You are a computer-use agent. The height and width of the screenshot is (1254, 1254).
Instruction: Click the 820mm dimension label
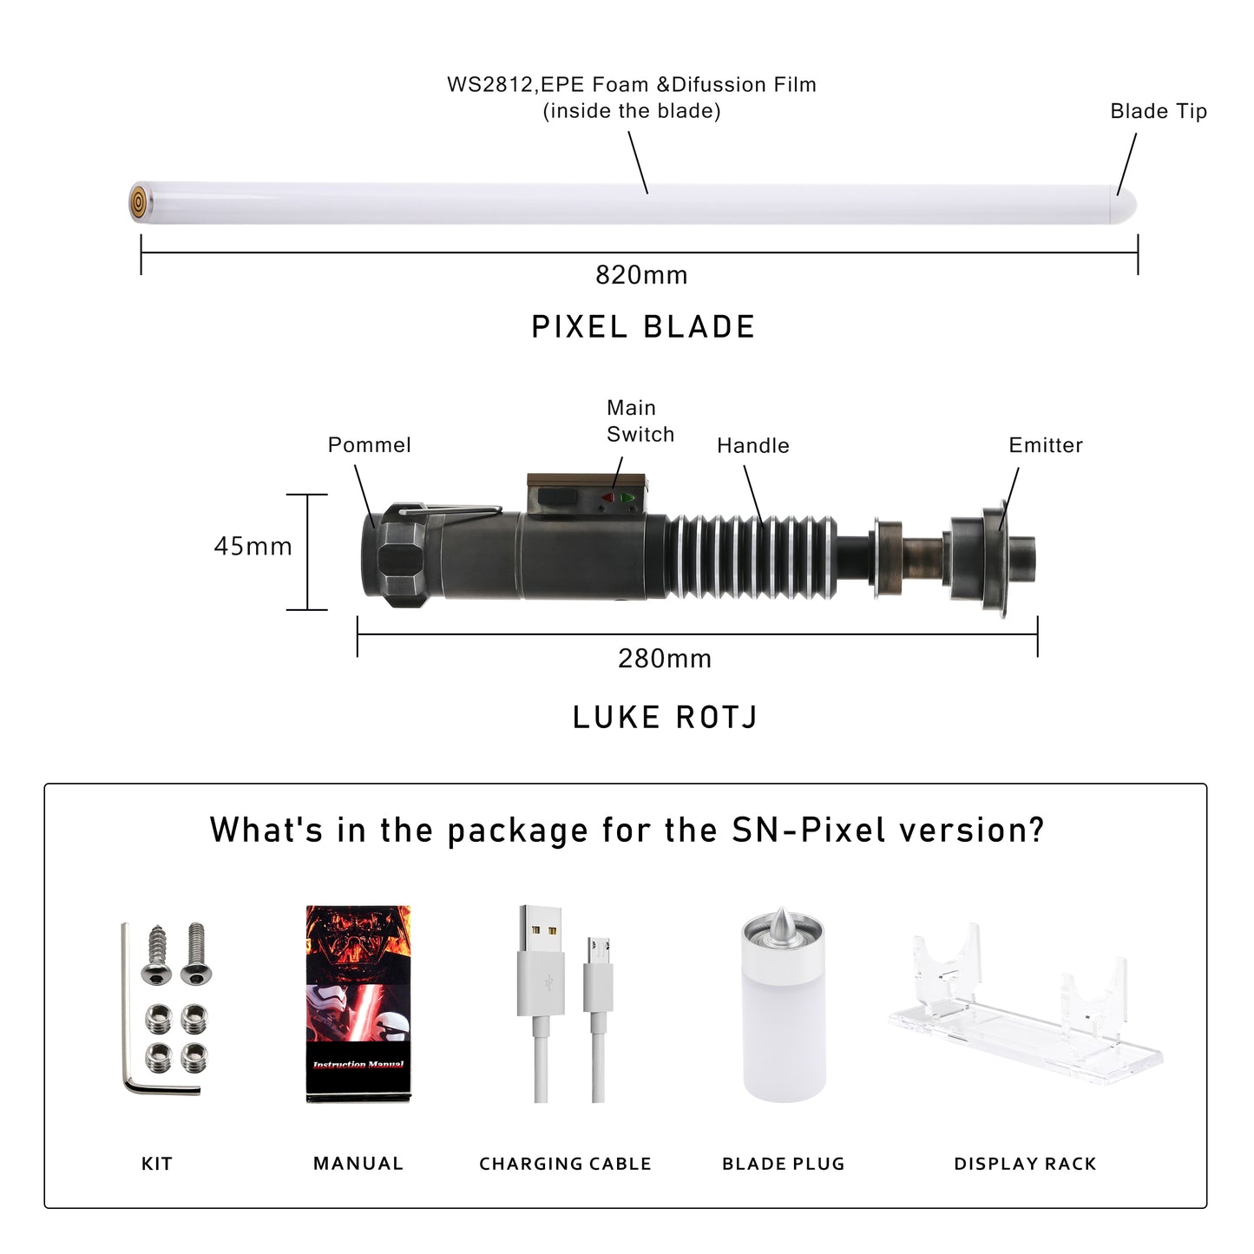[x=641, y=274]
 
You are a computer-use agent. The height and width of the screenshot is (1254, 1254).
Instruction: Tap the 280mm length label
[x=665, y=659]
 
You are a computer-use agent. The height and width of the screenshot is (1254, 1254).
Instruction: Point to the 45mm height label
[x=253, y=546]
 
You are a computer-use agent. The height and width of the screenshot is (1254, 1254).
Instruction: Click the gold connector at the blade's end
[x=138, y=201]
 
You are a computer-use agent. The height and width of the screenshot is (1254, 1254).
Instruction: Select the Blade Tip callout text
[x=1159, y=111]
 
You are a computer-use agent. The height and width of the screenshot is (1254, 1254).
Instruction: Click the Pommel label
[x=369, y=444]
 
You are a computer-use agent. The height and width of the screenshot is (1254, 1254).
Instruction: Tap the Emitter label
[x=1046, y=445]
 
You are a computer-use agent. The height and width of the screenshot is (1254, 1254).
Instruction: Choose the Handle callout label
[x=753, y=445]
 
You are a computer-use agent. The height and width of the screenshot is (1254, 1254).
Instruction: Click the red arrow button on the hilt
[x=607, y=498]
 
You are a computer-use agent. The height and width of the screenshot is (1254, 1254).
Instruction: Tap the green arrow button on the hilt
[x=627, y=498]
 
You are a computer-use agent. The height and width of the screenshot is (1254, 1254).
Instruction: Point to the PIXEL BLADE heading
[x=643, y=326]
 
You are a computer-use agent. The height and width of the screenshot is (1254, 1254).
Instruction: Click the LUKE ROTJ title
[x=665, y=717]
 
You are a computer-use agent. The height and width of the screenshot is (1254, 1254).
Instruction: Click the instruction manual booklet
[x=358, y=1003]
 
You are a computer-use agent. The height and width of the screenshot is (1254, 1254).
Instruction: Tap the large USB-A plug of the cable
[x=541, y=960]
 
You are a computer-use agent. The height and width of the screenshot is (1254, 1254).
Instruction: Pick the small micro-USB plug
[x=598, y=975]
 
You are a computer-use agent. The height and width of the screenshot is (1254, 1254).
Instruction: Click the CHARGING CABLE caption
[x=565, y=1164]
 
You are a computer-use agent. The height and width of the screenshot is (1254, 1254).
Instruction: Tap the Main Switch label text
[x=640, y=421]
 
